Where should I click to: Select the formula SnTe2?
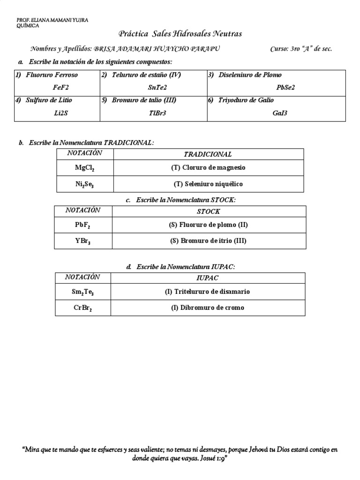click(157, 87)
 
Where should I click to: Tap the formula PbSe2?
click(285, 87)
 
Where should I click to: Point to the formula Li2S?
click(61, 112)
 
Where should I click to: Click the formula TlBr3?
click(158, 112)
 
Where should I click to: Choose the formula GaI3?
click(280, 112)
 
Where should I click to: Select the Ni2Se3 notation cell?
click(84, 184)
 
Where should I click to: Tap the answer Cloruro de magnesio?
click(208, 167)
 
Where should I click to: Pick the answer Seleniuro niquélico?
click(208, 184)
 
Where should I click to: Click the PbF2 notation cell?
click(82, 225)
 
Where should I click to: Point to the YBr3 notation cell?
click(82, 241)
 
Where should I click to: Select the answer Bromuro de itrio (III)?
click(208, 241)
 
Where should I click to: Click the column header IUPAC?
click(208, 278)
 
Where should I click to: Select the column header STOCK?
click(208, 211)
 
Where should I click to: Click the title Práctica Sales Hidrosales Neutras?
click(180, 34)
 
